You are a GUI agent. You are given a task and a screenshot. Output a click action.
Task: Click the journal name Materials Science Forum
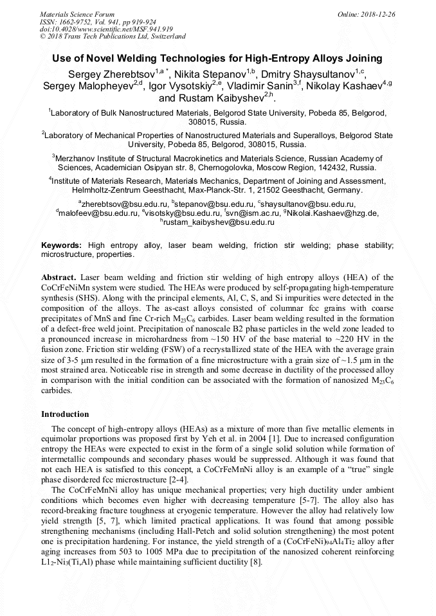(77, 13)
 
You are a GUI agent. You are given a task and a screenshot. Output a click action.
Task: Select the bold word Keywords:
(62, 245)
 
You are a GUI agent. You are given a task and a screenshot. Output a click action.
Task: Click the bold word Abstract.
(59, 276)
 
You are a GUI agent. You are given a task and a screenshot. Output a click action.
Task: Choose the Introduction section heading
(65, 414)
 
